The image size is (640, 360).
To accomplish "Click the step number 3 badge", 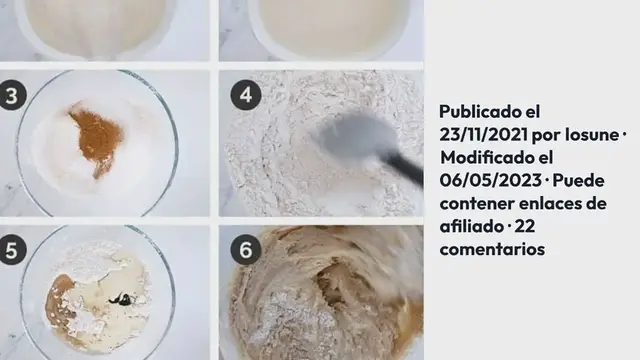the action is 11,95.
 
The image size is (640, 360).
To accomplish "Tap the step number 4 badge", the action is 246,95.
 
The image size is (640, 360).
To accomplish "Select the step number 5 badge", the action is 11,250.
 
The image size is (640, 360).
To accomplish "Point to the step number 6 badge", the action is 246,250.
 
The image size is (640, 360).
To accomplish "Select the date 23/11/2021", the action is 483,134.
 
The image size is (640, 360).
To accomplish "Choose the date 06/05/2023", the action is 491,180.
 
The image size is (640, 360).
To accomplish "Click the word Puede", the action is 578,180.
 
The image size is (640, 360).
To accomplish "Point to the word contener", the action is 476,203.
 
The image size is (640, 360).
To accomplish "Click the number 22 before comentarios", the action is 524,226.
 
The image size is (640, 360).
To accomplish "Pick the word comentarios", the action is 492,249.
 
